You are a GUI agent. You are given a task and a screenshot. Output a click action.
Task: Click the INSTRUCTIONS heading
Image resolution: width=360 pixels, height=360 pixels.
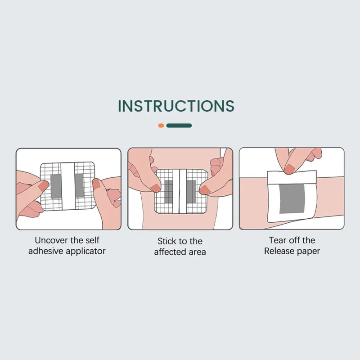click(176, 106)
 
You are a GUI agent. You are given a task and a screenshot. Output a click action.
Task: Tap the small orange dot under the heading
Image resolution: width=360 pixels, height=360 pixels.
click(161, 126)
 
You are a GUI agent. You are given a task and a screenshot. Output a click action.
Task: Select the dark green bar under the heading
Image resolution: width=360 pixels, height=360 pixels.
click(179, 126)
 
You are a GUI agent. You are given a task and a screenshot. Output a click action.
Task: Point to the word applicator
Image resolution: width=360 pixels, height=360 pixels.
click(86, 252)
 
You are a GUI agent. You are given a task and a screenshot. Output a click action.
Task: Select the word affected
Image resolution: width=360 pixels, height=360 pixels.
click(170, 252)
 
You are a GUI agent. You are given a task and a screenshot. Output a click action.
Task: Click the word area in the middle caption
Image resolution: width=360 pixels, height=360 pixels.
click(197, 252)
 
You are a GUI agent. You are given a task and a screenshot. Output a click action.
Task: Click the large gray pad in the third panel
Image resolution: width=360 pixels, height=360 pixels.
click(292, 198)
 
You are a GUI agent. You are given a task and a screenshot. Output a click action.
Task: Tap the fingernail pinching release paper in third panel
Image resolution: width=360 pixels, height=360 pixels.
click(289, 170)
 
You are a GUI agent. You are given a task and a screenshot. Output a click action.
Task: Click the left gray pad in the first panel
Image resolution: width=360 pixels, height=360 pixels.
click(56, 186)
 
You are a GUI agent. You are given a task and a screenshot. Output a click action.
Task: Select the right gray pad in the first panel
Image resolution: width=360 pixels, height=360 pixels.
click(79, 185)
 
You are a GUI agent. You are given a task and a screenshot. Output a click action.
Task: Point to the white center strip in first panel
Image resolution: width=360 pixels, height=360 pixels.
click(68, 186)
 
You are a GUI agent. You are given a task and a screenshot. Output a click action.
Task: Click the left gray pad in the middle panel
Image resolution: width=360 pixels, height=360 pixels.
click(168, 192)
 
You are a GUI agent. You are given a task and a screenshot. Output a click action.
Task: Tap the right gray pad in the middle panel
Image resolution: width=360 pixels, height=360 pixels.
click(191, 192)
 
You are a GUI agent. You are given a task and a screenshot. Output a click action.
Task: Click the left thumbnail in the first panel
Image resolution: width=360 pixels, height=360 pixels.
click(44, 186)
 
